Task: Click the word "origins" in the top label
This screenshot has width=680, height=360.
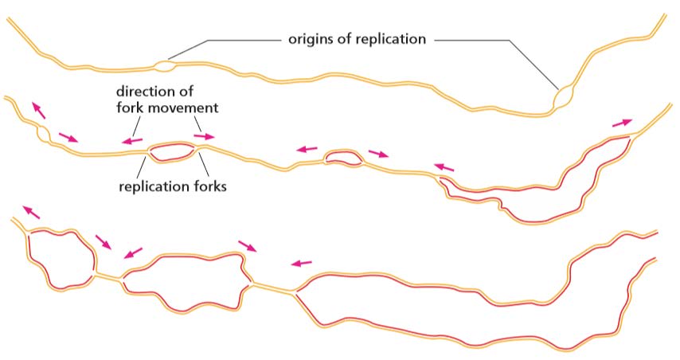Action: (310, 37)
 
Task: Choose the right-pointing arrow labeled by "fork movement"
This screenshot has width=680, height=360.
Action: (205, 136)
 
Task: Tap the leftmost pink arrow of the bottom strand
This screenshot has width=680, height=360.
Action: (30, 212)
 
